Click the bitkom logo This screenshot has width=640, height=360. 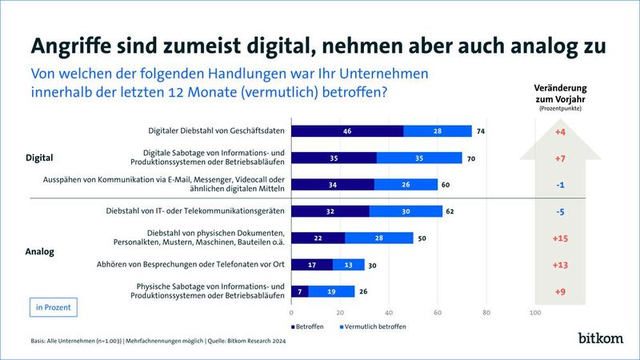click(x=600, y=338)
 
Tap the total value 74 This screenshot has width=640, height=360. click(x=481, y=130)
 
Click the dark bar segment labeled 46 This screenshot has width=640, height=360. click(x=347, y=130)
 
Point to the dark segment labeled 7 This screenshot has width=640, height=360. click(x=300, y=291)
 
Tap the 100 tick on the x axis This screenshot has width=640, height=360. click(x=534, y=313)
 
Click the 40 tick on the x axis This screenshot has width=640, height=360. click(x=389, y=313)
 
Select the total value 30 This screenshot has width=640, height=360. click(x=374, y=265)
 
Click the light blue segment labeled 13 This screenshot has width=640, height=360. click(x=348, y=265)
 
